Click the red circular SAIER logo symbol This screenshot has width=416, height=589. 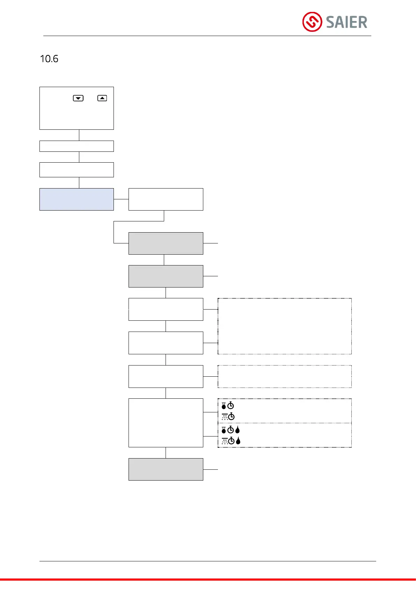pos(312,22)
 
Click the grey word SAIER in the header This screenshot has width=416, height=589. pos(346,22)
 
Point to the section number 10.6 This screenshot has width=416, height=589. pos(49,59)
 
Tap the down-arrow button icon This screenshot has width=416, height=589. pos(78,98)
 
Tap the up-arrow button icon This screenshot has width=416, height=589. pos(102,98)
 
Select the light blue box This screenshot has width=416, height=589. pos(76,199)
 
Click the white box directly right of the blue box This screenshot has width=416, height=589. pos(166,199)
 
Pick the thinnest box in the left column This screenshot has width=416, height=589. pos(76,146)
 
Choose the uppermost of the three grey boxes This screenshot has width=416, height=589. pos(166,243)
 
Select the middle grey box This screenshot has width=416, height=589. pos(166,276)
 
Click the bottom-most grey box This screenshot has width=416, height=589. pos(166,469)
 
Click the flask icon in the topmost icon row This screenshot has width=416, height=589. pos(224,406)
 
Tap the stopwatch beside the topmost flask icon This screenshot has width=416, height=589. pos(231,406)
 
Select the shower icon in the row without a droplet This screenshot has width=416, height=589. pos(225,417)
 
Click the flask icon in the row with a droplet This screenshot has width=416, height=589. pos(224,430)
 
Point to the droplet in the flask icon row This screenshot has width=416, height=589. pos(238,430)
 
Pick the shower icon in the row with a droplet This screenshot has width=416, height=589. pos(225,441)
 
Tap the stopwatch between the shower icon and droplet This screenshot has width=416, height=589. pos(231,441)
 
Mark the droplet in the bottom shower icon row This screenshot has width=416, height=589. pos(238,441)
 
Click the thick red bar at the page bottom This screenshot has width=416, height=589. pos(208,580)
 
